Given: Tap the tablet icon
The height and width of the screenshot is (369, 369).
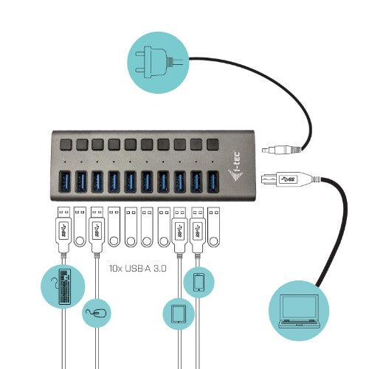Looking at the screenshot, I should tap(178, 314).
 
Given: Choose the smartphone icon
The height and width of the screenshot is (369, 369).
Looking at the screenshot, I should tap(198, 283).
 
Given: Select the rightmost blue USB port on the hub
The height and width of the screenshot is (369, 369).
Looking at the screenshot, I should tap(213, 182).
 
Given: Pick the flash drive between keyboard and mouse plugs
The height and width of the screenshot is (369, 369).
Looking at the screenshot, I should tap(80, 226).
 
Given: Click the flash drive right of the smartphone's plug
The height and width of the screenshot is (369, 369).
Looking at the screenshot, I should tap(214, 226).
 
